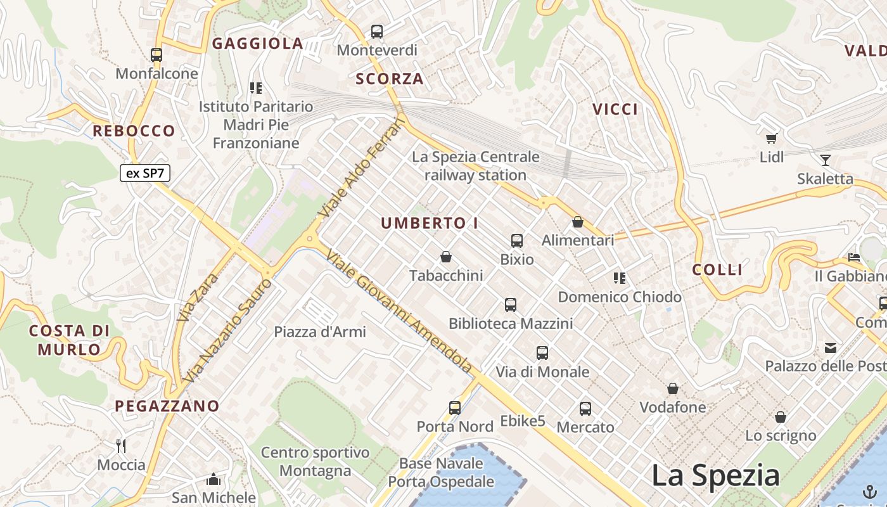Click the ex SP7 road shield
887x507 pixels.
(x=145, y=173)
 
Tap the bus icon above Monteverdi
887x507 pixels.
(x=377, y=31)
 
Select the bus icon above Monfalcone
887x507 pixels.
(x=156, y=55)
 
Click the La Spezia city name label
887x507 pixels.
(x=716, y=475)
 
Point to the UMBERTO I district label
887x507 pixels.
(x=430, y=223)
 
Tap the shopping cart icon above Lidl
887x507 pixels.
(x=771, y=139)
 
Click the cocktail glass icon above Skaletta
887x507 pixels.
(x=825, y=160)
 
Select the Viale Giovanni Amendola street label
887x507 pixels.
(x=400, y=311)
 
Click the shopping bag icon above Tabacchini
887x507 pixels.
(x=446, y=257)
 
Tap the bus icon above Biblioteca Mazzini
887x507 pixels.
(x=511, y=305)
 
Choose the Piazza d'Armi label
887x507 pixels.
(x=320, y=331)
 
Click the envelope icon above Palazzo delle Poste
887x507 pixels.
(x=830, y=347)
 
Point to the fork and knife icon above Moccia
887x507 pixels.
(x=121, y=446)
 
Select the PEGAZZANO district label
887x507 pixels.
(x=167, y=406)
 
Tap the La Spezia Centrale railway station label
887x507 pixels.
(x=476, y=165)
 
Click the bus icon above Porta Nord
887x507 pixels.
(x=455, y=408)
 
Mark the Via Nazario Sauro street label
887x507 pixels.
(x=230, y=331)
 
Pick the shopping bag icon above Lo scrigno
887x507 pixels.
(x=781, y=417)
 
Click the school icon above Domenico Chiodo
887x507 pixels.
(x=619, y=278)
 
